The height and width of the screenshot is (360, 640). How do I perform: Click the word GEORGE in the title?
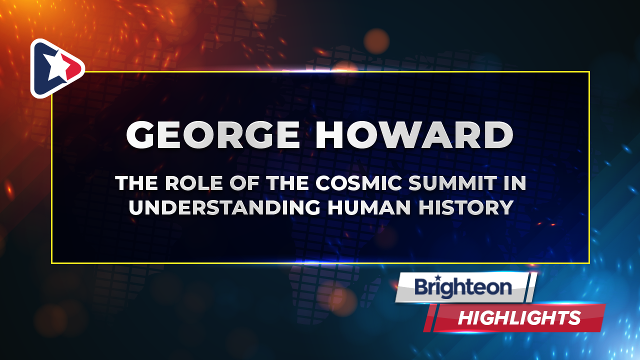point(213,134)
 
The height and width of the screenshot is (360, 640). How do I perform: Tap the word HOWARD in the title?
point(414,134)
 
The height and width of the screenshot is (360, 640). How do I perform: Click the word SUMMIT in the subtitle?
point(453,183)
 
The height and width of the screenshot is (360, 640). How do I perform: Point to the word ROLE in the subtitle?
point(194,183)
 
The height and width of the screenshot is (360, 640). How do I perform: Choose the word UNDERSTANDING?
point(224,207)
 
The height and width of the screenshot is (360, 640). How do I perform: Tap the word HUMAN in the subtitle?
point(369,207)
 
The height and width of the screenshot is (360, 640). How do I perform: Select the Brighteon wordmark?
point(463,287)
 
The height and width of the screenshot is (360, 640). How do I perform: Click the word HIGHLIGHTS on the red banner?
point(519,318)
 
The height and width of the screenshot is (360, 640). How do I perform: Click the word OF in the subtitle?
point(245,183)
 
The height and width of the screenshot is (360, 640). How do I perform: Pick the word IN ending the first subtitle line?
point(514,183)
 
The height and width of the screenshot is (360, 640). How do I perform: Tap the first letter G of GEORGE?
point(141,134)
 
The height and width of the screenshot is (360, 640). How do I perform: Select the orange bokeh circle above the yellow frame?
point(376,41)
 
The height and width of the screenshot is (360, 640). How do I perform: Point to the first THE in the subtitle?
point(136,183)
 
